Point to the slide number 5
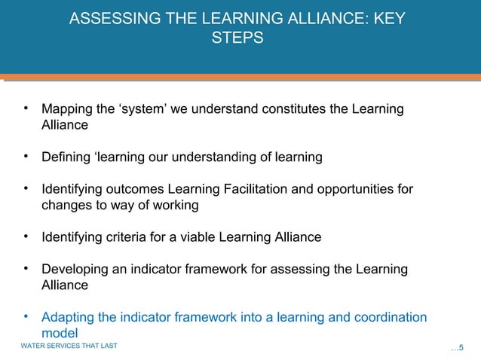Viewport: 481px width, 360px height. click(461, 347)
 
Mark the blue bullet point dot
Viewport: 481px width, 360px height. click(26, 316)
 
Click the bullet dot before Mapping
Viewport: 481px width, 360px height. click(26, 109)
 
